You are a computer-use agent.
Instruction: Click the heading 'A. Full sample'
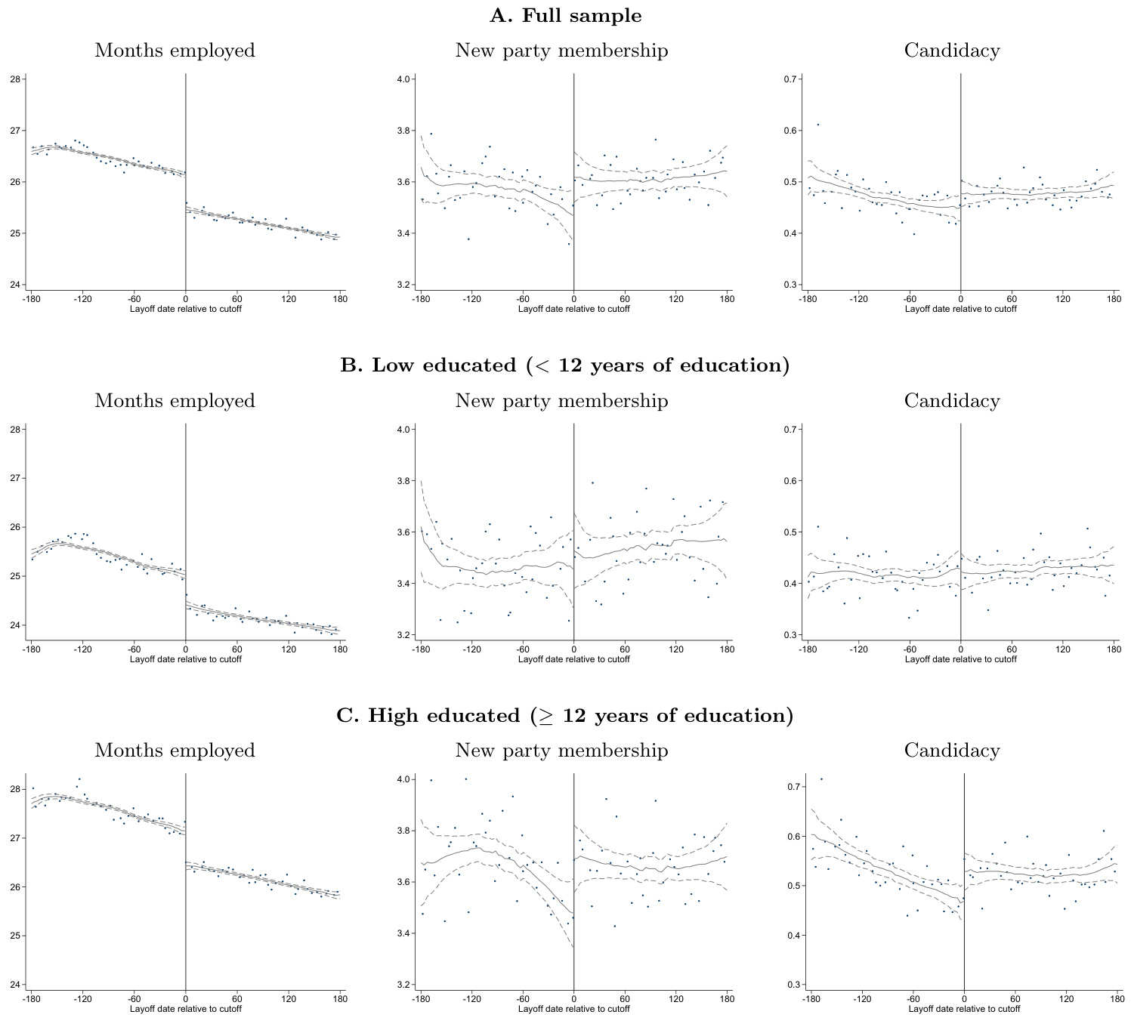pos(565,16)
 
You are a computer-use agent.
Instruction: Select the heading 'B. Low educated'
pos(565,365)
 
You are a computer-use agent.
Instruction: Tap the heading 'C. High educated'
pos(565,716)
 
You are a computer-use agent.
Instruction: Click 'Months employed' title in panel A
pos(175,51)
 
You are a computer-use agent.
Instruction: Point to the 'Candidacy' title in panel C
pos(952,751)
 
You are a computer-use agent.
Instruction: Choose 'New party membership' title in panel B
pos(561,401)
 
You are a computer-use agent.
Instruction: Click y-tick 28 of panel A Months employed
pos(15,79)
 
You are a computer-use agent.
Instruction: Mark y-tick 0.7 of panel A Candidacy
pos(790,79)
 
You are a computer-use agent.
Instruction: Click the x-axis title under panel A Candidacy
pos(960,309)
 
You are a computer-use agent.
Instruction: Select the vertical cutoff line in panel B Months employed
pos(186,529)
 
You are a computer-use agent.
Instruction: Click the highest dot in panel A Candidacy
pos(817,125)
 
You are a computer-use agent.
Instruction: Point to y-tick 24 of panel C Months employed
pos(15,985)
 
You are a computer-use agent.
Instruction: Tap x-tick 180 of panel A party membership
pos(727,299)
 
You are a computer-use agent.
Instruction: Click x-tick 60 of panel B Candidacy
pos(1012,649)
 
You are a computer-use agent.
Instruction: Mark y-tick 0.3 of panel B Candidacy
pos(790,635)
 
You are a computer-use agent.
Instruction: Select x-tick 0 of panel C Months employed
pos(186,999)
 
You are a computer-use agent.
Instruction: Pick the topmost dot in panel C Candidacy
pos(821,779)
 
